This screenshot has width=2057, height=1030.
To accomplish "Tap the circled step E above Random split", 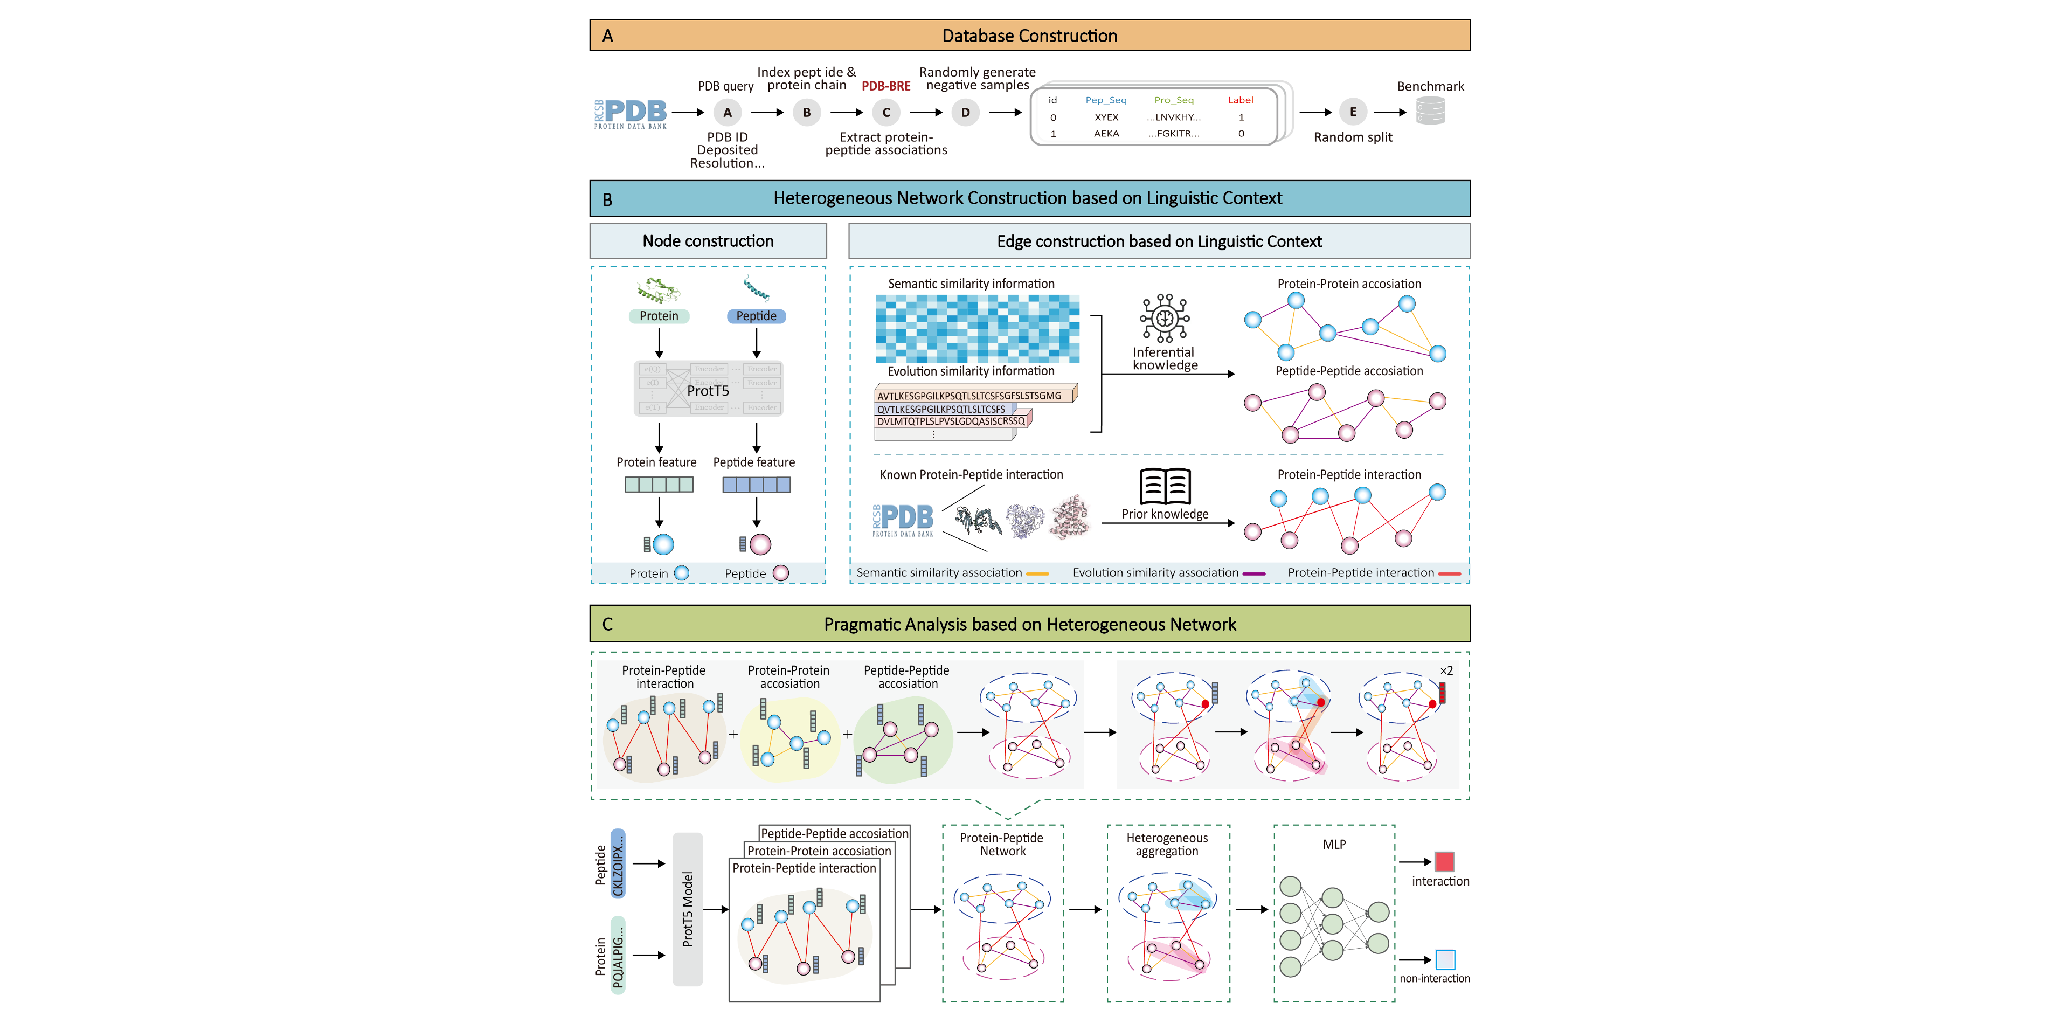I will pyautogui.click(x=1352, y=112).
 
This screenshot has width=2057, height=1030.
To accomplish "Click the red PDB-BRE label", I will pyautogui.click(x=885, y=86).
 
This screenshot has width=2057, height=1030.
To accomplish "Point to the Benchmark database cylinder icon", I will pyautogui.click(x=1430, y=111).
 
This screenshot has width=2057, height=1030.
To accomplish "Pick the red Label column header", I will pyautogui.click(x=1240, y=100).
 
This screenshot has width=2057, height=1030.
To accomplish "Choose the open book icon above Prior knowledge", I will pyautogui.click(x=1165, y=486).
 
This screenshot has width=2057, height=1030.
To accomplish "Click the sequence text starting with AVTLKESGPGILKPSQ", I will pyautogui.click(x=969, y=395).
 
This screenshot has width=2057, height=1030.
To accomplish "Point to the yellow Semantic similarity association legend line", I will pyautogui.click(x=1036, y=573).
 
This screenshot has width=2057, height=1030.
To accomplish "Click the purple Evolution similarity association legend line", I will pyautogui.click(x=1253, y=573).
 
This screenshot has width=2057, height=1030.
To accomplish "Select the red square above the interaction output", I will pyautogui.click(x=1444, y=861).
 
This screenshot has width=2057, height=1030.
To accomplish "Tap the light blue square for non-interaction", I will pyautogui.click(x=1445, y=959).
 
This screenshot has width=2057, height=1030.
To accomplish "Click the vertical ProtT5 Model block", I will pyautogui.click(x=688, y=909).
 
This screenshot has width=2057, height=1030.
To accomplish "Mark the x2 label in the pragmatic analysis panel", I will pyautogui.click(x=1446, y=670).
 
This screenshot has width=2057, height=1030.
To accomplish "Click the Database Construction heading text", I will pyautogui.click(x=1029, y=36).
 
